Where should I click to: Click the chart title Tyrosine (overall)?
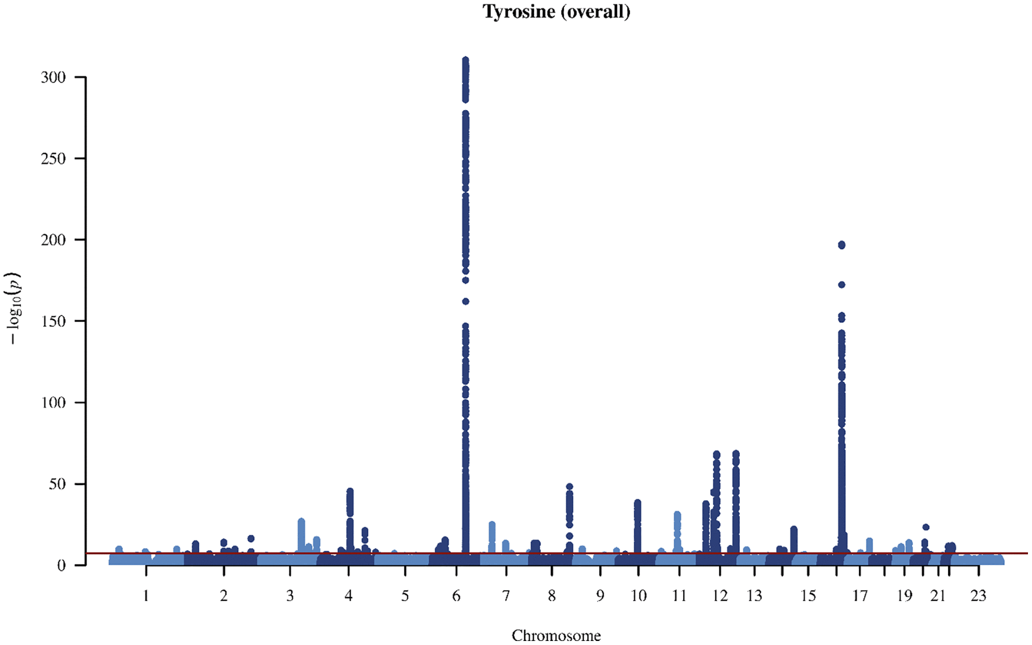[556, 12]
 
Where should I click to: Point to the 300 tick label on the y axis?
[53, 77]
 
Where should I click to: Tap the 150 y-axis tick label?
[53, 321]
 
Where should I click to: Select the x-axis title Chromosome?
[556, 635]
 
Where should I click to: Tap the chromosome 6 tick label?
[456, 596]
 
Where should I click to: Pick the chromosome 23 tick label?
[978, 596]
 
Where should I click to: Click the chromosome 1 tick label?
[146, 596]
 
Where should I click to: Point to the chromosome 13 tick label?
[754, 596]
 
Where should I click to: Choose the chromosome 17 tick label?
[860, 596]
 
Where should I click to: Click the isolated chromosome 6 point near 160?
[466, 302]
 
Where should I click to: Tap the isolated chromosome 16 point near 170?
[841, 285]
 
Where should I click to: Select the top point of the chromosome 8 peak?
[569, 487]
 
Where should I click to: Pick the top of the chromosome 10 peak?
[637, 503]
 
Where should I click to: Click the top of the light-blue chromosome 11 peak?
[677, 515]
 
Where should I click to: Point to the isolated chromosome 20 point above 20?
[925, 527]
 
